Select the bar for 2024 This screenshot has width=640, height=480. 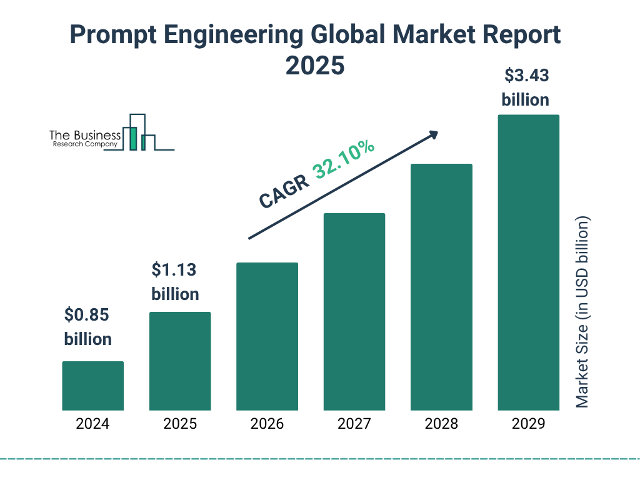(x=92, y=386)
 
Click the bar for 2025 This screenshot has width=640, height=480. (x=180, y=361)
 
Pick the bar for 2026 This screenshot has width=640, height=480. (x=267, y=336)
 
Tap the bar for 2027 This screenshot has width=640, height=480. (x=354, y=311)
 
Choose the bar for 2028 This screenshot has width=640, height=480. (x=441, y=287)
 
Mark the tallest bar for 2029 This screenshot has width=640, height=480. (x=528, y=262)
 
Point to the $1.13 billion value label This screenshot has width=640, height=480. (x=175, y=282)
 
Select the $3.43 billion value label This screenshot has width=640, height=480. (x=526, y=87)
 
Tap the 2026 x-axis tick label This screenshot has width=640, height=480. (x=267, y=424)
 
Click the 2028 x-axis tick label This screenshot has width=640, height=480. (x=441, y=424)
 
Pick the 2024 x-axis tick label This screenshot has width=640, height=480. (x=92, y=424)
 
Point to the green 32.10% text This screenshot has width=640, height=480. (x=344, y=160)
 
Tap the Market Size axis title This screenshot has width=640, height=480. (x=582, y=312)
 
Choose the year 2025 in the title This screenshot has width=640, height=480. (x=315, y=66)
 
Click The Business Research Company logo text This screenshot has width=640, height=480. (x=84, y=139)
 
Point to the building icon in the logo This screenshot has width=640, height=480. (x=139, y=132)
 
